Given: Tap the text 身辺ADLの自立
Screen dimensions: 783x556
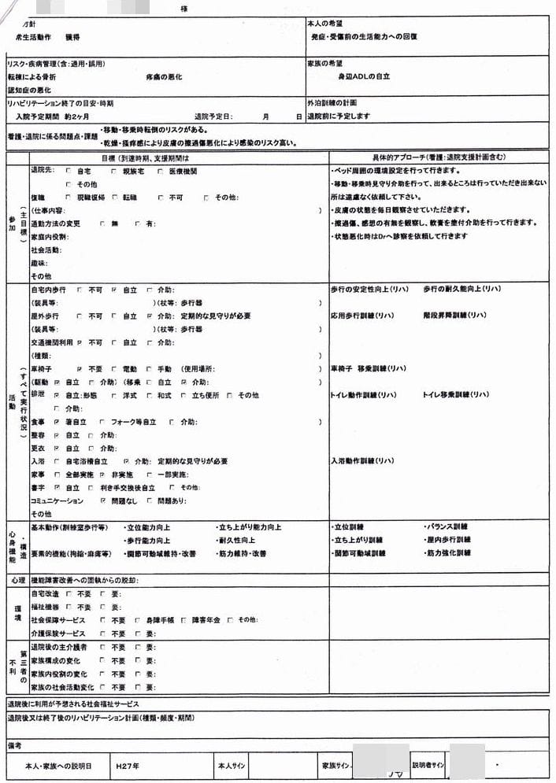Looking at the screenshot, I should pos(364,77).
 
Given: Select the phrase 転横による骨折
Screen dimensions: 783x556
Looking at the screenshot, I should pos(32,77).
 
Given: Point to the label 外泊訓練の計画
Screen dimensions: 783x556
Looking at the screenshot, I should pos(332,103).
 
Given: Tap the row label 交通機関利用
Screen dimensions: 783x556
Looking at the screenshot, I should pos(52,342).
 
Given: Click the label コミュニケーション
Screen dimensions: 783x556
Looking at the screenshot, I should pos(57,500).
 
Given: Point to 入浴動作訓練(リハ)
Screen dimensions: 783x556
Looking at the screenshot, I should pos(362,460).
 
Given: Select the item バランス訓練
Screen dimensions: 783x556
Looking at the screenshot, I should pos(447,526).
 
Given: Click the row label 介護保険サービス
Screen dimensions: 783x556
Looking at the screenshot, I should pos(57,633).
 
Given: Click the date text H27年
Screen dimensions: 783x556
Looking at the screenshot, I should pos(128,765).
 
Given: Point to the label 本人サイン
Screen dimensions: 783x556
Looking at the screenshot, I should pos(234,765).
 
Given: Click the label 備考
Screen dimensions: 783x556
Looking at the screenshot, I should pos(14,744).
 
